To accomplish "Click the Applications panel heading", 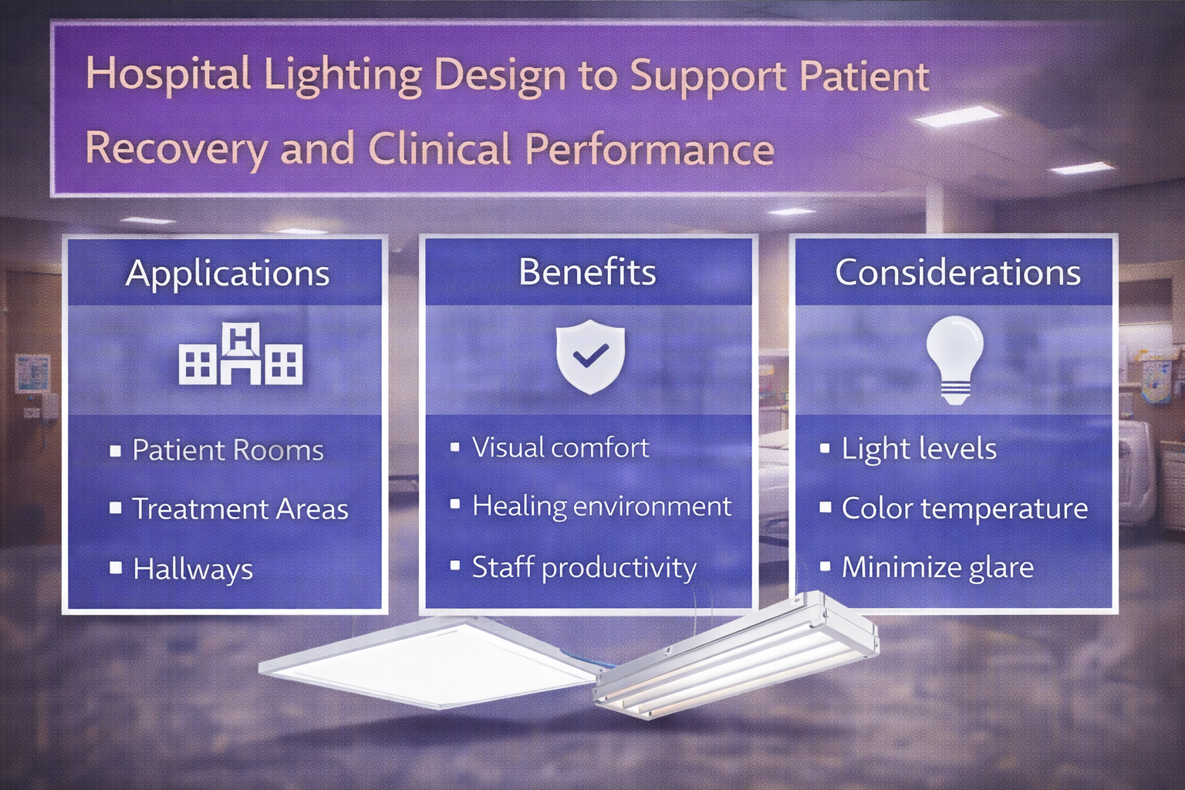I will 228,274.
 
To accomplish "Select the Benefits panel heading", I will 587,272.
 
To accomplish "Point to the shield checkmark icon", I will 590,356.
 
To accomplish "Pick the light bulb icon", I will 954,359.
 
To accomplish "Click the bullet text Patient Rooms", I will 228,451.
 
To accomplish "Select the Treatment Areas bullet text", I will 240,509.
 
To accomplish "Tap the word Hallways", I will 193,569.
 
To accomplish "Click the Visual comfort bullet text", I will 561,447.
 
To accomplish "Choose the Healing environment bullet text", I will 601,506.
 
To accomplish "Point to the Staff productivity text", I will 584,568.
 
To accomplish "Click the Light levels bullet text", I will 919,449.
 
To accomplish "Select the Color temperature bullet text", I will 964,508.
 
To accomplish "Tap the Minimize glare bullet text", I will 937,568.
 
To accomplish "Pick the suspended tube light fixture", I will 737,656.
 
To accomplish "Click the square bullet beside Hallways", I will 116,568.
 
